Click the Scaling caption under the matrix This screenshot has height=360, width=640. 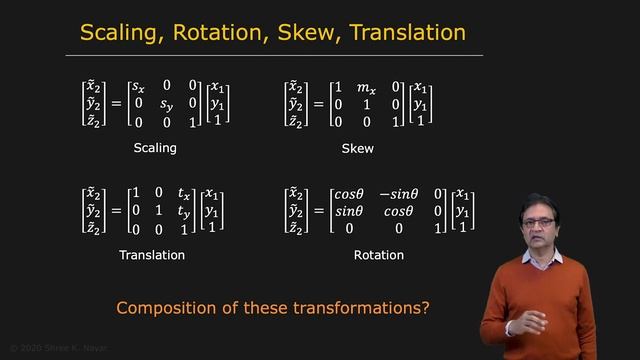[x=154, y=148]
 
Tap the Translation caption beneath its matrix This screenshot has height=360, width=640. [x=152, y=255]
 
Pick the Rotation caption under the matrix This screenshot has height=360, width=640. [x=379, y=255]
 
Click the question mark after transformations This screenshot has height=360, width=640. [x=425, y=308]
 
